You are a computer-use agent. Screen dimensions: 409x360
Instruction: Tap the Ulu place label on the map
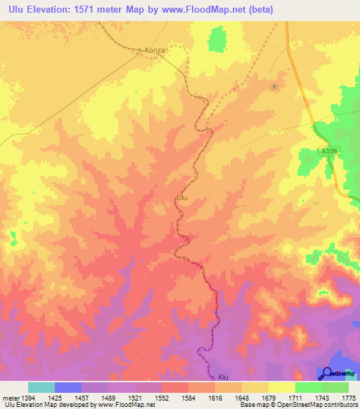click(181, 198)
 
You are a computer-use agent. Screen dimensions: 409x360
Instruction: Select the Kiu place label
click(224, 377)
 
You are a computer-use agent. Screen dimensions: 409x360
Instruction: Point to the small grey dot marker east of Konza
click(274, 86)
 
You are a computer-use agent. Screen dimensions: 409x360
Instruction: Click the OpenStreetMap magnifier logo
click(326, 373)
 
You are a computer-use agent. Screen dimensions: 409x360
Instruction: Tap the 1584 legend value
click(188, 398)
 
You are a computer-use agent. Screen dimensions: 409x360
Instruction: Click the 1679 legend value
click(268, 398)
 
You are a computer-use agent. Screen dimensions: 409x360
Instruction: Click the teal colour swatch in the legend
click(41, 387)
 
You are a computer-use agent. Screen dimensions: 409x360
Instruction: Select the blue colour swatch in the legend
click(68, 387)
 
